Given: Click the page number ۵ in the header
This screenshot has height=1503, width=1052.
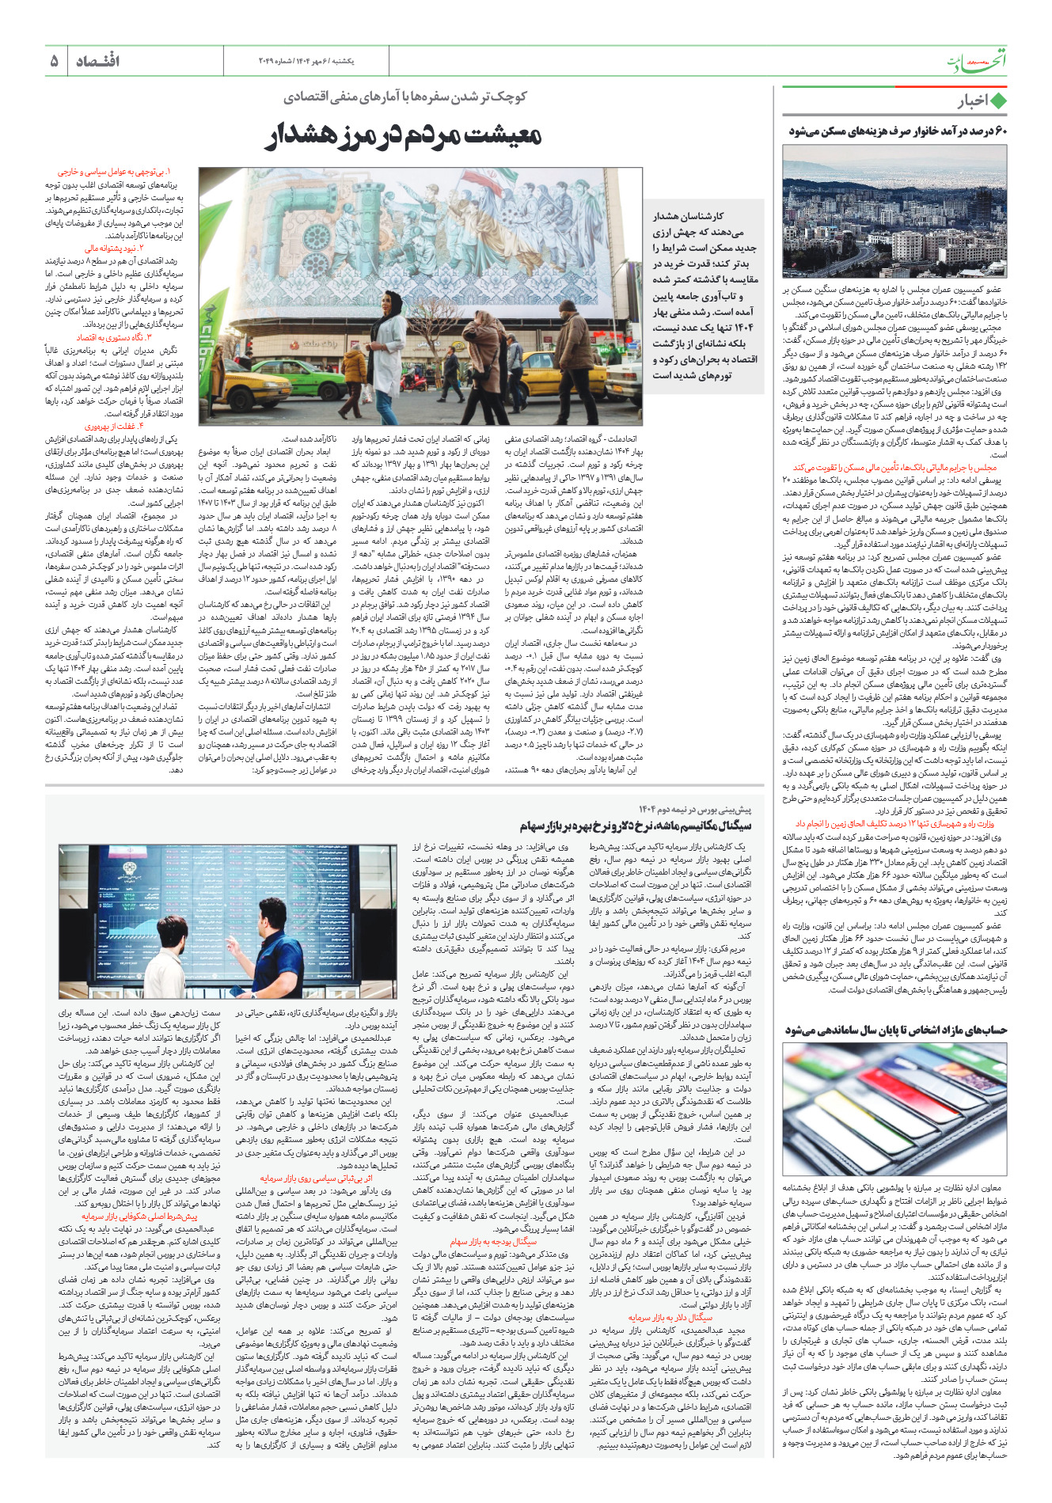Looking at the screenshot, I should coord(54,61).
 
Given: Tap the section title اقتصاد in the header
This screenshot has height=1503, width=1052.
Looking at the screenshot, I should coord(98,61).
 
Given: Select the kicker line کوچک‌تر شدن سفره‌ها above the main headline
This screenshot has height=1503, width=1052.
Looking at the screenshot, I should coord(405,97).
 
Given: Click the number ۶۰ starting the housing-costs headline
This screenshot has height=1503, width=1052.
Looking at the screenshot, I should coord(999,131).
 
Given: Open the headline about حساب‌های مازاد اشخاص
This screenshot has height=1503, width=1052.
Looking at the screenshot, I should coord(895,1030).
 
